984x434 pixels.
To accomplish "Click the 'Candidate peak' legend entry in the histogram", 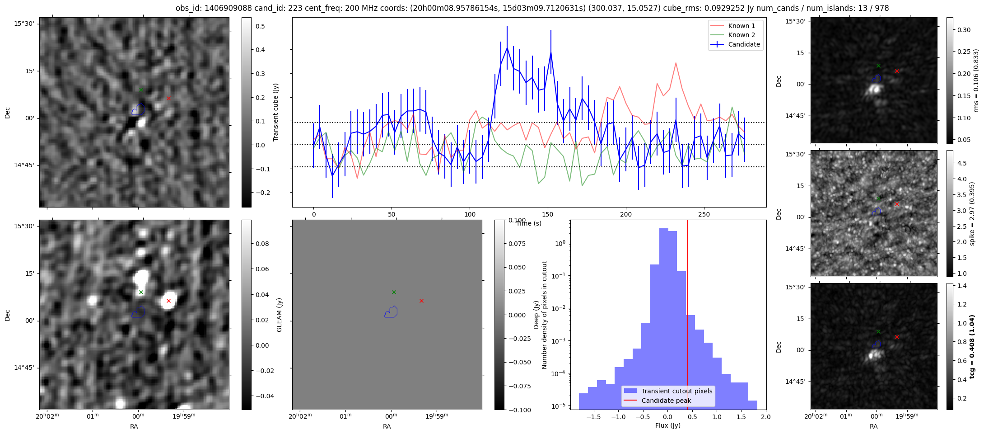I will point(666,401).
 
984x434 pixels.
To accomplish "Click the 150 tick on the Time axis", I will point(548,214).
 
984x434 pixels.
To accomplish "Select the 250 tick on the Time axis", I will point(704,214).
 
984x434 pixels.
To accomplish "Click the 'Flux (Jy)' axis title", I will point(667,425).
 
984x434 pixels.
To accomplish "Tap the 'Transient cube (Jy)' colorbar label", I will point(276,112).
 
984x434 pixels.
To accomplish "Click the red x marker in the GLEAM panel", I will point(421,301).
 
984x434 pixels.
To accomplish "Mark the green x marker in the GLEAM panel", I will point(394,292).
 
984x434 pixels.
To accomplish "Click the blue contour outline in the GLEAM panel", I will point(391,312).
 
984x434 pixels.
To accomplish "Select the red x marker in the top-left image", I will point(168,98).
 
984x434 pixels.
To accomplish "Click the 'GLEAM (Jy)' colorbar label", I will point(279,315).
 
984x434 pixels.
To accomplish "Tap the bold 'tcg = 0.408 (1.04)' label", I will point(972,347).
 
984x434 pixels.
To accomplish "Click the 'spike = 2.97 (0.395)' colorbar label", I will point(972,214).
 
